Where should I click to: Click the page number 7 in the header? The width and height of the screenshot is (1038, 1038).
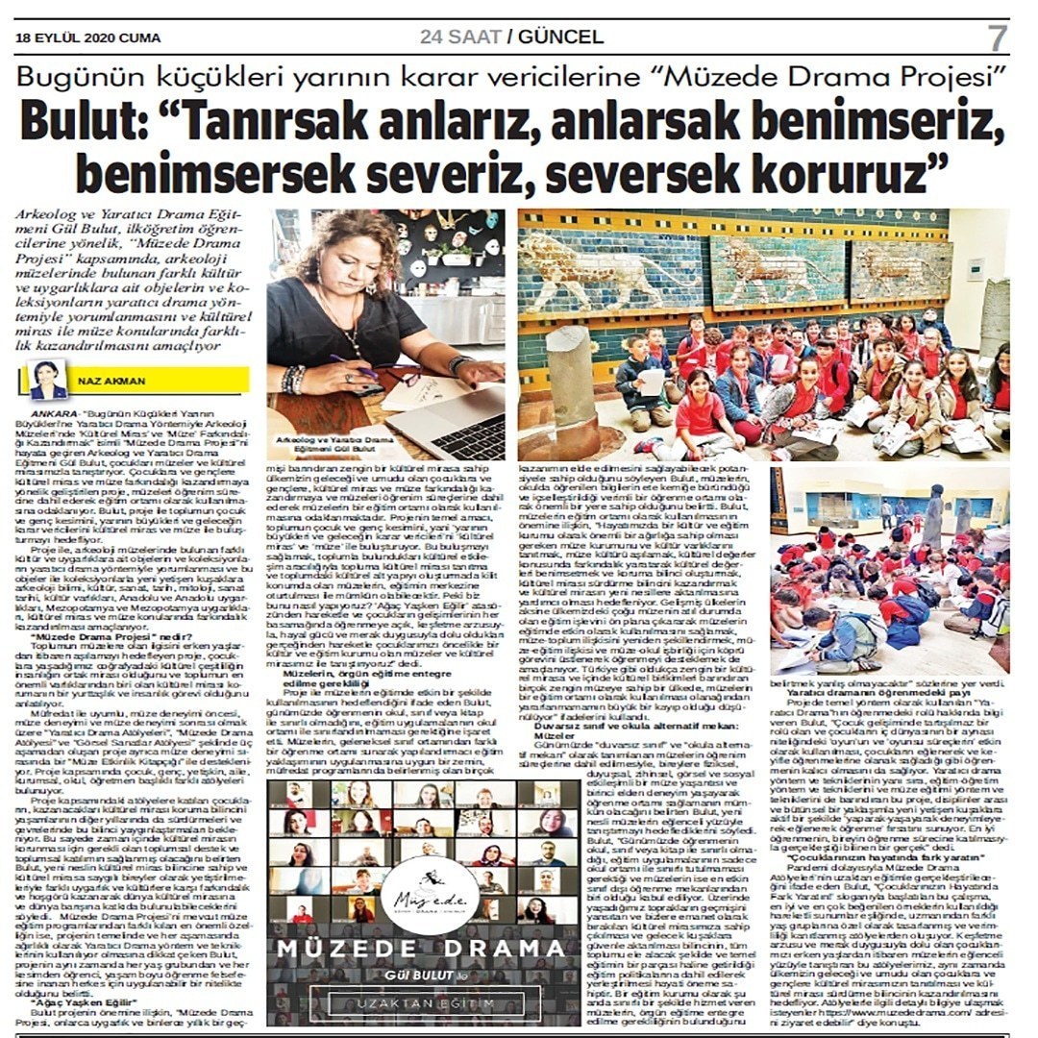[x=997, y=38]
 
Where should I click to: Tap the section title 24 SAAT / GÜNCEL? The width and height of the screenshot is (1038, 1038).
[x=511, y=37]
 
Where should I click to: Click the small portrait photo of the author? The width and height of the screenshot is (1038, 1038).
[x=48, y=379]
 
